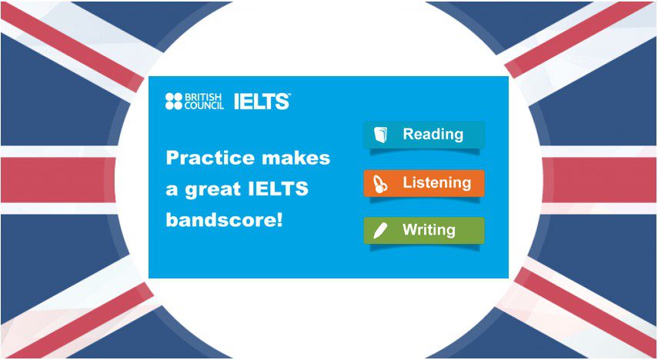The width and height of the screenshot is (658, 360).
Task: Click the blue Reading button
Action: pos(424,135)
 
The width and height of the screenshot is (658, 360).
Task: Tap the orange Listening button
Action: pos(424,183)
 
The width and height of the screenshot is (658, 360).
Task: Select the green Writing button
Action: pos(424,230)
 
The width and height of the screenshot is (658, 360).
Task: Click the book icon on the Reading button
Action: pos(380,135)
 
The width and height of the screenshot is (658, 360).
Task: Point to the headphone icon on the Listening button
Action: pos(380,184)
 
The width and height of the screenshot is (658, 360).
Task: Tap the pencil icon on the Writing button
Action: pos(379,231)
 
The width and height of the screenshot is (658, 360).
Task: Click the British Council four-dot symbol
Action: pos(173,101)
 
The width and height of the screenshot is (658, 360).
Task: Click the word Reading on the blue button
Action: pos(433,135)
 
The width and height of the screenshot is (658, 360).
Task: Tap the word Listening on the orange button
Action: pos(436,183)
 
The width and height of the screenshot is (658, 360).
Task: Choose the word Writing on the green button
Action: pos(429,230)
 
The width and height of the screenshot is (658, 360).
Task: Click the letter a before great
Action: pos(172,190)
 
